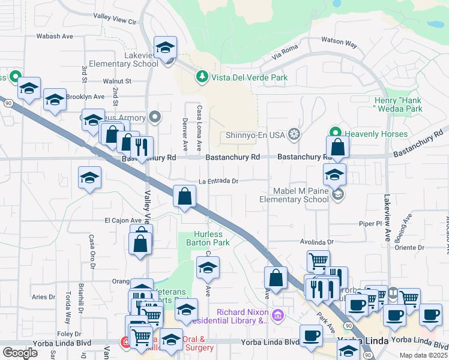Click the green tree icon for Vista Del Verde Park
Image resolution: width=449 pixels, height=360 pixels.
click(x=202, y=77)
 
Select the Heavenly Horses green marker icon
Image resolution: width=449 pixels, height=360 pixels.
click(x=336, y=134)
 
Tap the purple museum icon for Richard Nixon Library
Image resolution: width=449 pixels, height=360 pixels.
click(x=277, y=315)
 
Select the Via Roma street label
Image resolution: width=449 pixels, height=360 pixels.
click(x=285, y=52)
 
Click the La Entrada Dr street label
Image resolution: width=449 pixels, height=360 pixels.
click(x=219, y=181)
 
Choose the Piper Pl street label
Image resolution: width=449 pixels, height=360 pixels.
click(x=370, y=223)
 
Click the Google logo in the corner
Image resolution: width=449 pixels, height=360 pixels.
click(x=20, y=352)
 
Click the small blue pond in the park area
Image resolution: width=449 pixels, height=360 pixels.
click(x=435, y=25)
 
